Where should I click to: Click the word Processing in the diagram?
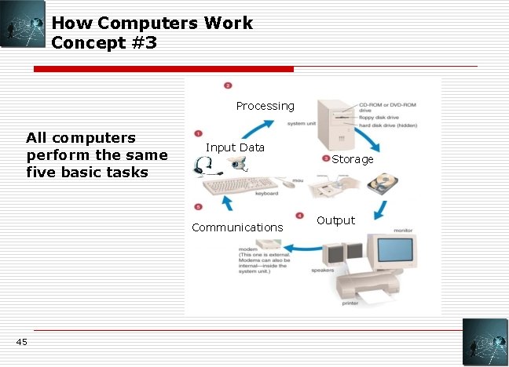pyautogui.click(x=265, y=106)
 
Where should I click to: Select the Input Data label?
pyautogui.click(x=235, y=147)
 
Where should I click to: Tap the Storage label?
pyautogui.click(x=353, y=159)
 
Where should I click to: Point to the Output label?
pyautogui.click(x=335, y=220)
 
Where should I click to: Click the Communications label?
pyautogui.click(x=237, y=227)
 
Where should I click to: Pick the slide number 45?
pyautogui.click(x=20, y=341)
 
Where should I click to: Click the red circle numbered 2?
pyautogui.click(x=228, y=85)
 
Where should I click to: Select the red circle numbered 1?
pyautogui.click(x=199, y=134)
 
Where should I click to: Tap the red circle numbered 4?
pyautogui.click(x=299, y=215)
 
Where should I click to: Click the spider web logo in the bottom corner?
pyautogui.click(x=485, y=342)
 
